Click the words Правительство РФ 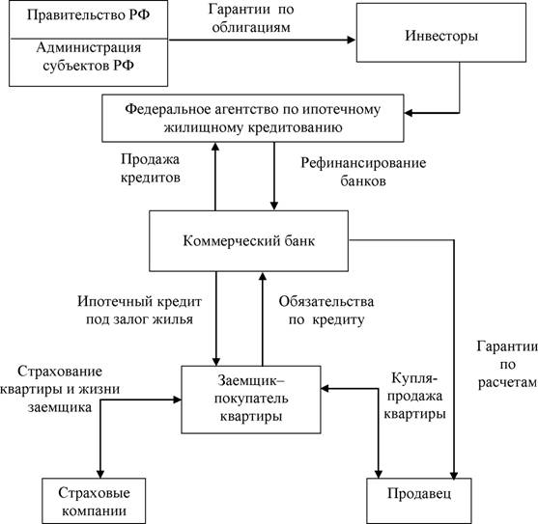pyautogui.click(x=88, y=15)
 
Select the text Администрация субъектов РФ pyautogui.click(x=89, y=56)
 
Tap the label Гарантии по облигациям pyautogui.click(x=251, y=17)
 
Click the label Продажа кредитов pyautogui.click(x=151, y=168)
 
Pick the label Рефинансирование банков pyautogui.click(x=363, y=172)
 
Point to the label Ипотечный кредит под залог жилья pyautogui.click(x=139, y=310)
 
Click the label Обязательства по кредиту pyautogui.click(x=326, y=311)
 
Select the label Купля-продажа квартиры pyautogui.click(x=414, y=396)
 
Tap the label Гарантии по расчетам pyautogui.click(x=507, y=365)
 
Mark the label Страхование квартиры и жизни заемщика pyautogui.click(x=60, y=389)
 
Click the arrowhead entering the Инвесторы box pyautogui.click(x=352, y=40)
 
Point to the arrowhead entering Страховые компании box pyautogui.click(x=100, y=474)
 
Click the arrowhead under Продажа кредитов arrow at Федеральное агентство pyautogui.click(x=215, y=147)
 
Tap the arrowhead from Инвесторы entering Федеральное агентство pyautogui.click(x=409, y=112)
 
